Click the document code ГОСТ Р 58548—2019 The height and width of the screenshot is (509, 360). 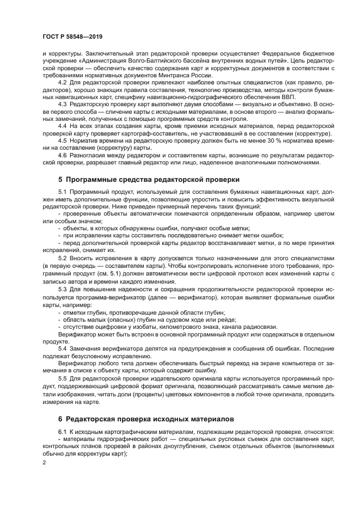[72, 36]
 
